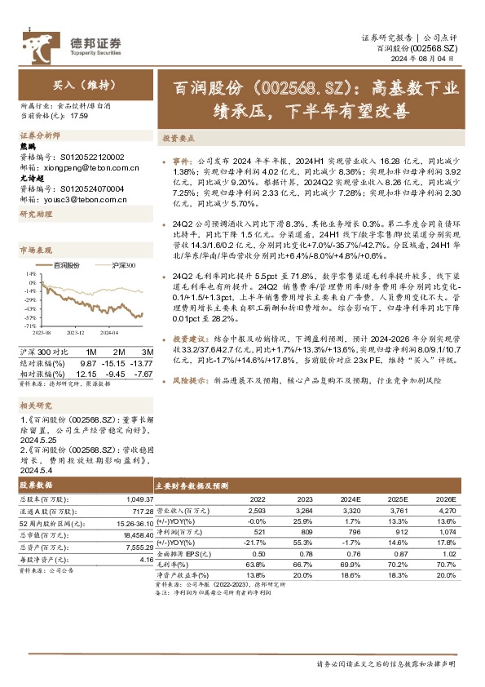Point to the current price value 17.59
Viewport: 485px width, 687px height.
pyautogui.click(x=79, y=117)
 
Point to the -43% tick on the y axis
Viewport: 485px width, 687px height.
pyautogui.click(x=29, y=321)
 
